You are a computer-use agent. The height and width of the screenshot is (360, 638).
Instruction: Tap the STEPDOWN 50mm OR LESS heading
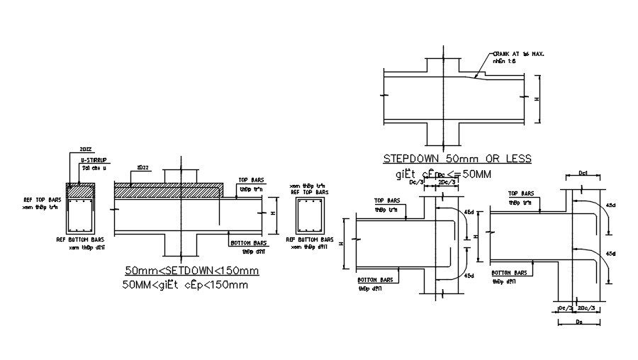457,158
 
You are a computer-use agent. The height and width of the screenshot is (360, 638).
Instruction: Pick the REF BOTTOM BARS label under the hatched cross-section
81,240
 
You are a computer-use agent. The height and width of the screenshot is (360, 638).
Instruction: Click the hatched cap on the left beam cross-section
80,189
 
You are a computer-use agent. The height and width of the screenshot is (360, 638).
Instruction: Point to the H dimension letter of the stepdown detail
536,99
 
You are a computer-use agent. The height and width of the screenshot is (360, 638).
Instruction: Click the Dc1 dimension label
583,173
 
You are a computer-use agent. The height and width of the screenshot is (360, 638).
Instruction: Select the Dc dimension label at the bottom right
581,322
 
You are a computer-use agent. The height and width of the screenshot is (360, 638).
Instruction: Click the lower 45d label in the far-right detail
612,253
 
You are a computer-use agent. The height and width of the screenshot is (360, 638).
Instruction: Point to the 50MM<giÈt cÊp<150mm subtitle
186,285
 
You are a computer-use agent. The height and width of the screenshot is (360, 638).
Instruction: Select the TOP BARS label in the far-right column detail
522,193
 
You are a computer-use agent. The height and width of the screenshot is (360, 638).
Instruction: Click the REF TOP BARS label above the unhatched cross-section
309,192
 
